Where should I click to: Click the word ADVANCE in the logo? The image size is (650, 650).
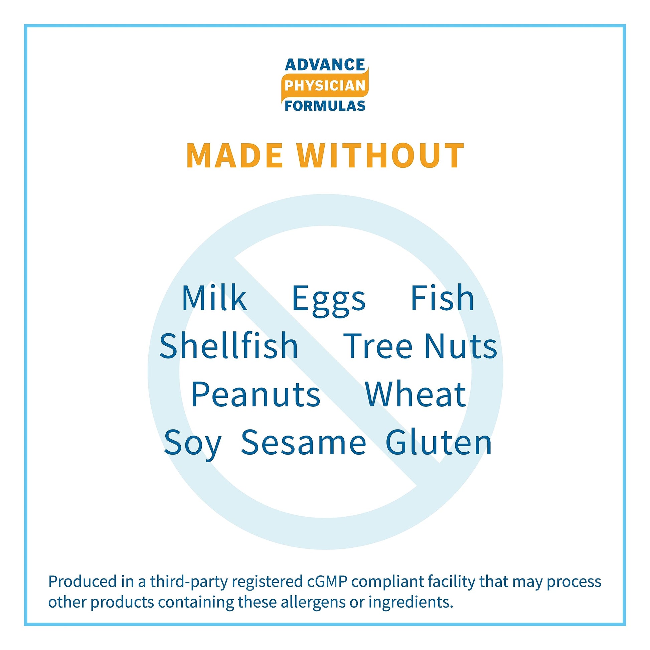coord(325,64)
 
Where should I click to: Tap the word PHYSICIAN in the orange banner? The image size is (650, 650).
coord(325,86)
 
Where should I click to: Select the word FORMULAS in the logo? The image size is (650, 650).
coord(325,106)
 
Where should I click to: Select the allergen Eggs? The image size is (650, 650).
coord(329,300)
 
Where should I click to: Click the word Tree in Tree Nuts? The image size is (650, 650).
coord(377,346)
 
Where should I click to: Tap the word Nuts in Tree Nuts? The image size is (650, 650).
coord(461,346)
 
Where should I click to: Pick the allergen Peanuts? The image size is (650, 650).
coord(255,395)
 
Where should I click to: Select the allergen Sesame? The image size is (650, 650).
coord(304,443)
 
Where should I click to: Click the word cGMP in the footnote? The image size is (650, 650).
coord(327,582)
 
